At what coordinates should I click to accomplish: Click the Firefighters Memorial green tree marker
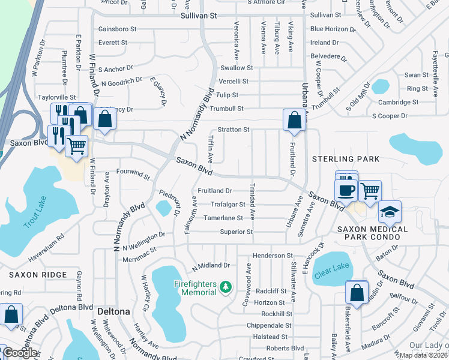pos(226,288)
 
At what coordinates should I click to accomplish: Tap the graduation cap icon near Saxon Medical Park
pos(390,212)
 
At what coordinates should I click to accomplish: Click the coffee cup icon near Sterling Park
pos(346,190)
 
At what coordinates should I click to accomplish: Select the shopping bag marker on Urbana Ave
pos(294,120)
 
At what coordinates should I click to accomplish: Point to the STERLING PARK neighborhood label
pos(346,159)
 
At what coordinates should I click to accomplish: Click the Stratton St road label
pos(234,129)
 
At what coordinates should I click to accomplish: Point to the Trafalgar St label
pos(227,204)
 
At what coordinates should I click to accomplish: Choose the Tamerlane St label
pos(223,218)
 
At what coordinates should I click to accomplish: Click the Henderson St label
pos(273,256)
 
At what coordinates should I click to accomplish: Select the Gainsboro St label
pos(117,29)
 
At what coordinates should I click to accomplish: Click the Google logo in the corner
pos(20,353)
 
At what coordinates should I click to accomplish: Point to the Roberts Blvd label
pos(285,348)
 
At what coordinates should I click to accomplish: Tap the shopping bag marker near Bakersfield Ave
pos(357,293)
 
